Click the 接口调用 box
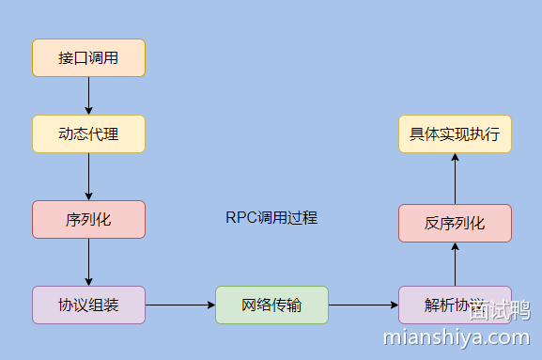[88, 57]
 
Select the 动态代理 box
[88, 133]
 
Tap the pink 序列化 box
[88, 219]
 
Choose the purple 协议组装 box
[88, 305]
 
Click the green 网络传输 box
[271, 305]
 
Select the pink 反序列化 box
[455, 223]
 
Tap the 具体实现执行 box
[455, 133]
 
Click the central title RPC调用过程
[271, 218]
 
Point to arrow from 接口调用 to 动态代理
[88, 95]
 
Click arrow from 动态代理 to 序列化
[88, 176]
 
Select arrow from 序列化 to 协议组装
[88, 261]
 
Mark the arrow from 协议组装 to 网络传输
[179, 305]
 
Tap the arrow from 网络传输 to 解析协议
[363, 305]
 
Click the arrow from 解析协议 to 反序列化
[455, 263]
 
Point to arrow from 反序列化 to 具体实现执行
[455, 178]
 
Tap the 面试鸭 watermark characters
[500, 311]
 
